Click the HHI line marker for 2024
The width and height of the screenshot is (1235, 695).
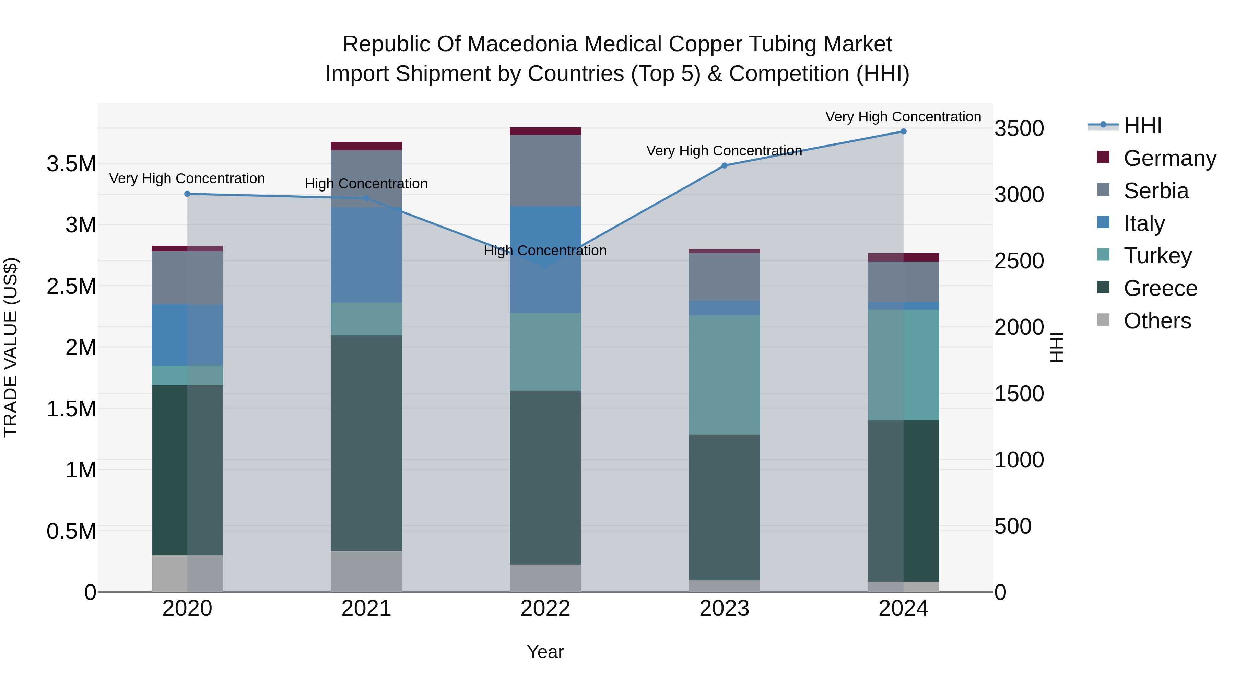pyautogui.click(x=903, y=131)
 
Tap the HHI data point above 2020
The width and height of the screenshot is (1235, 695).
pyautogui.click(x=187, y=194)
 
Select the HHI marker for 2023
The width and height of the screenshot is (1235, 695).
pyautogui.click(x=725, y=165)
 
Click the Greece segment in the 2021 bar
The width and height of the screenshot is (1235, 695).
pyautogui.click(x=366, y=442)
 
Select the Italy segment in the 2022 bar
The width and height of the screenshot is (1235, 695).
pyautogui.click(x=545, y=259)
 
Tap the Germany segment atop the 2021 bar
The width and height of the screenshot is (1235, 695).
pyautogui.click(x=366, y=146)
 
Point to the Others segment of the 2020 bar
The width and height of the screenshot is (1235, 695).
pyautogui.click(x=187, y=573)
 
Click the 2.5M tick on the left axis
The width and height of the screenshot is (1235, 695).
pyautogui.click(x=71, y=286)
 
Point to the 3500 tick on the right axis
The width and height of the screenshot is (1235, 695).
pyautogui.click(x=1019, y=129)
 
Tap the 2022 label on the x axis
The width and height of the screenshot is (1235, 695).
pyautogui.click(x=545, y=608)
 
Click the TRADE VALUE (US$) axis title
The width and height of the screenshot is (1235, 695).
pyautogui.click(x=11, y=347)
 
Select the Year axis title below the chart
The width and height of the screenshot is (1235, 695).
pyautogui.click(x=545, y=652)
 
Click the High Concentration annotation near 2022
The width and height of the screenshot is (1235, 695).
pyautogui.click(x=545, y=251)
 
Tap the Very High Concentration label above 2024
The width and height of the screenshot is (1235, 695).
pyautogui.click(x=903, y=117)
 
